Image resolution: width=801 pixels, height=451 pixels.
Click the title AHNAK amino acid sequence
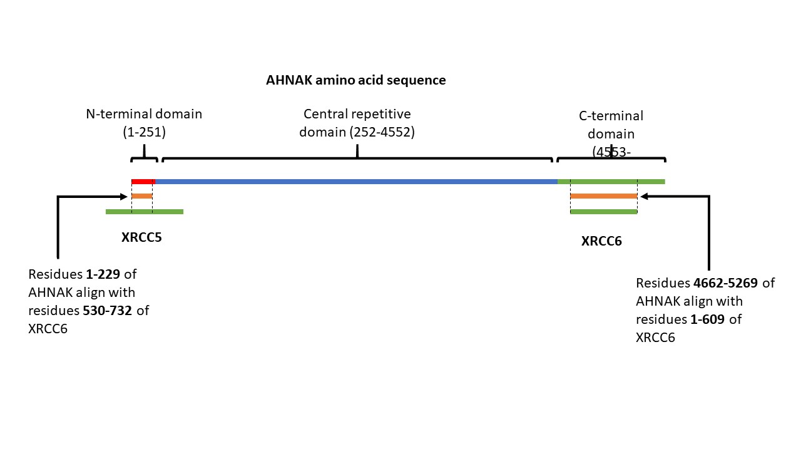355,81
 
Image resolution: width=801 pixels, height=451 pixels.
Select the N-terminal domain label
144,115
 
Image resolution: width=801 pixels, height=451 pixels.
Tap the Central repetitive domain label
357,115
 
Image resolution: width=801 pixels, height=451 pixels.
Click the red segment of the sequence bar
143,182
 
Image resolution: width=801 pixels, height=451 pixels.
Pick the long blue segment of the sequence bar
357,182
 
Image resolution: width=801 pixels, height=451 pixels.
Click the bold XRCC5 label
141,238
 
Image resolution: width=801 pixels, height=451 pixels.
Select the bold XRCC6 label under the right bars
601,241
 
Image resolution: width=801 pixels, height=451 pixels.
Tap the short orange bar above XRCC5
142,196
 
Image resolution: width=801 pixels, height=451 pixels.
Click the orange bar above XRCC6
604,196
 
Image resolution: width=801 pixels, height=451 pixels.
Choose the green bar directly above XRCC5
145,212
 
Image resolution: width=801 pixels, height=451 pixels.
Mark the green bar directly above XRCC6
604,212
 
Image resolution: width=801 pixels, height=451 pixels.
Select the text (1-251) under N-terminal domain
144,132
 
